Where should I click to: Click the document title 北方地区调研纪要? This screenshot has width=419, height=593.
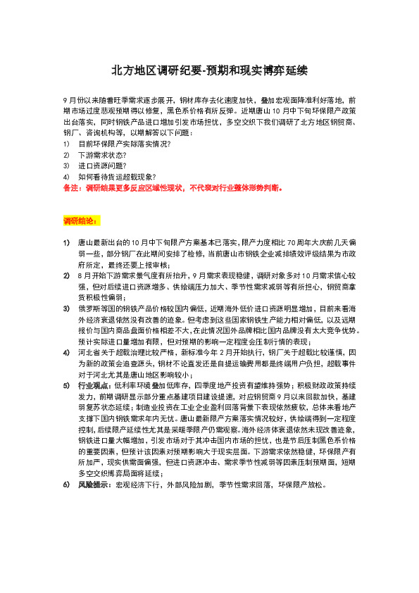coord(209,71)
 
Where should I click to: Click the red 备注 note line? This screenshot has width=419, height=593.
coord(173,189)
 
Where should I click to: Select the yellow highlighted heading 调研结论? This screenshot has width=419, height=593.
coord(81,220)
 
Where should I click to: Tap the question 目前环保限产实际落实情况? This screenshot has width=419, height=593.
coord(124,144)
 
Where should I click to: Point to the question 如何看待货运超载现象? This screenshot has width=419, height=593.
coord(117,177)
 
